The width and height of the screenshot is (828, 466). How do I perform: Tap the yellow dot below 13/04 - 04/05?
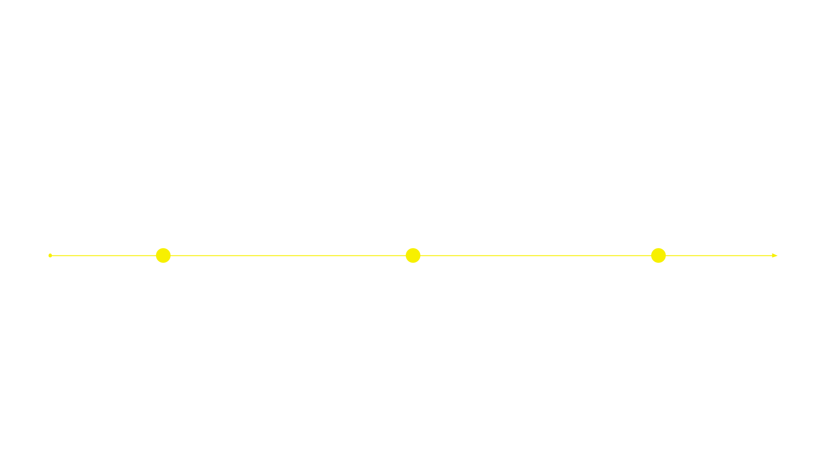click(163, 255)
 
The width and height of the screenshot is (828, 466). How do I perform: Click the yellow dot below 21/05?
click(413, 255)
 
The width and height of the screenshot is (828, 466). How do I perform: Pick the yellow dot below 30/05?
click(658, 255)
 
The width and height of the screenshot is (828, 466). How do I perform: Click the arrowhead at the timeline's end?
click(775, 255)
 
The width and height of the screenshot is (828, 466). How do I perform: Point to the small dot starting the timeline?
click(50, 255)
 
